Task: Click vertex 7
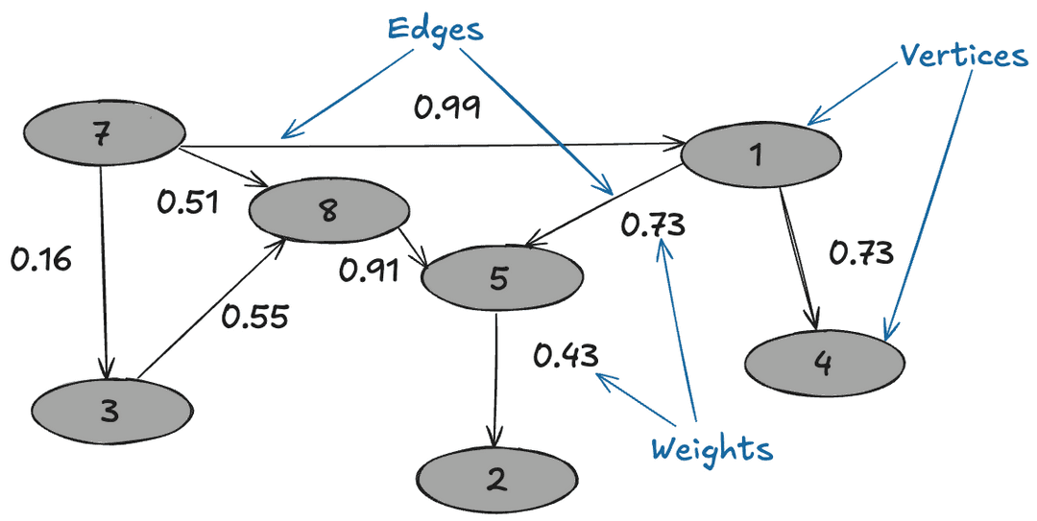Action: (103, 135)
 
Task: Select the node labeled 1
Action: (760, 153)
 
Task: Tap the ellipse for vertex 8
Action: (328, 210)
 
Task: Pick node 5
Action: (500, 277)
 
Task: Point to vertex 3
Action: (110, 411)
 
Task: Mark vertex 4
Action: (824, 363)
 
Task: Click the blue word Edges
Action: (435, 28)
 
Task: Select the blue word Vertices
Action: (963, 56)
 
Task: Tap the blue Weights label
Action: (711, 449)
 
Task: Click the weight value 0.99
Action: (447, 107)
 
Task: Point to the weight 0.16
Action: (41, 259)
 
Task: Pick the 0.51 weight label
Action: (188, 202)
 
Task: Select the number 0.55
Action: (254, 316)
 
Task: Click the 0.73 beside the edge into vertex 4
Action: (861, 252)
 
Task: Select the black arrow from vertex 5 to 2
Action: (495, 379)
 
